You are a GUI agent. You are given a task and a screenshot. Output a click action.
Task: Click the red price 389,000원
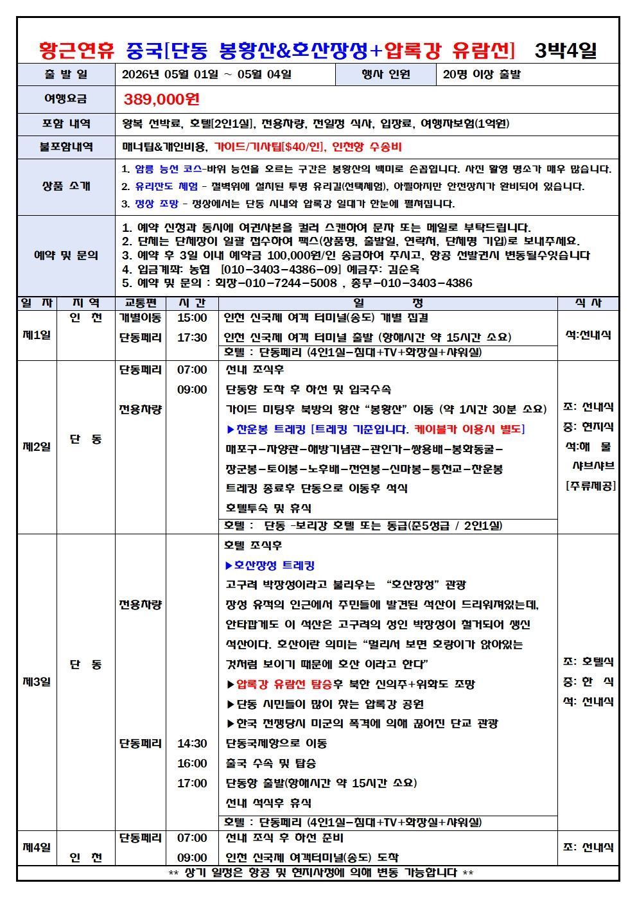161,99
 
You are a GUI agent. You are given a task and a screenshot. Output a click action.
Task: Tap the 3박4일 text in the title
566,49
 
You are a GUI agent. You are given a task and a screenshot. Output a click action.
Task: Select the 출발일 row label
66,74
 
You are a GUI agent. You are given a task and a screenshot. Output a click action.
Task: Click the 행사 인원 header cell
385,74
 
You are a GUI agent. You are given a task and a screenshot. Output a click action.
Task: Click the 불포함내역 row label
66,147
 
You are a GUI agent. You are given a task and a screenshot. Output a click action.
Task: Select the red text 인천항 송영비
367,147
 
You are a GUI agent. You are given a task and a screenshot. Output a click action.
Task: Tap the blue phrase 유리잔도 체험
166,186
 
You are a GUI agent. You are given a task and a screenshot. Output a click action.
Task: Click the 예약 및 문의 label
66,255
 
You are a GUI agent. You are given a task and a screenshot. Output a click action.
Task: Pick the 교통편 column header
140,303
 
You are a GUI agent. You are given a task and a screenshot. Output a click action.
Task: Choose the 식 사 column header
588,303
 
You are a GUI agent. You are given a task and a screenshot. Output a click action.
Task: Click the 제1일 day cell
37,335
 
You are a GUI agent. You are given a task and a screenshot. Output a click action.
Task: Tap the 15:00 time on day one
192,318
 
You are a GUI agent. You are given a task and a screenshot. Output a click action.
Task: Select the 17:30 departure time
192,338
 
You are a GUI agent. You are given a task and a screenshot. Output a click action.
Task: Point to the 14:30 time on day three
192,744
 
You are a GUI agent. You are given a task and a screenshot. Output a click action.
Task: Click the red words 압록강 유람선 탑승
284,684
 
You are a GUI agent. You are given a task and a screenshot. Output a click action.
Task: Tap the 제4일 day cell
37,847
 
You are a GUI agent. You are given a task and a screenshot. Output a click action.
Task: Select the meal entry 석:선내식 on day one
588,335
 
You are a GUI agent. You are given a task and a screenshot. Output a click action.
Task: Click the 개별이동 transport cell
140,318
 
